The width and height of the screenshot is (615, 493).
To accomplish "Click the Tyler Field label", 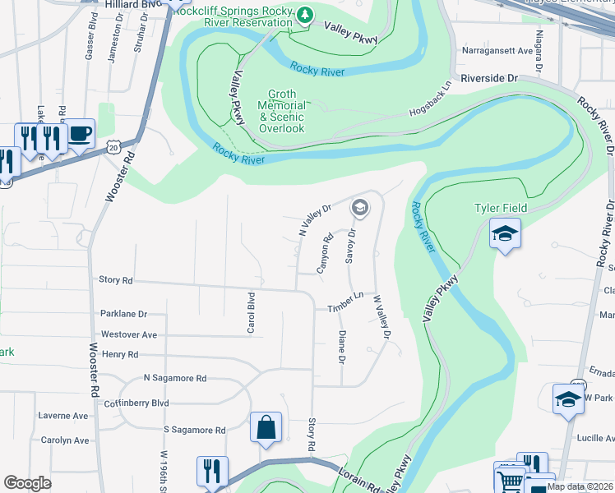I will tap(500, 208).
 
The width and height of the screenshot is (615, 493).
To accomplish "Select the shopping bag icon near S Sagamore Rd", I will tap(266, 427).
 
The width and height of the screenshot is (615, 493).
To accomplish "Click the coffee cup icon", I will tap(80, 133).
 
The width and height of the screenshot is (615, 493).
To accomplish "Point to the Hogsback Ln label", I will tap(429, 101).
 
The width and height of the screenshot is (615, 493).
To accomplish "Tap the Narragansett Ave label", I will tap(495, 50).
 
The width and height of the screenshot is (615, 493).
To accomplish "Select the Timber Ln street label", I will tap(345, 302).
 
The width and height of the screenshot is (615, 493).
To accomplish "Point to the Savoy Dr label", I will tap(351, 246).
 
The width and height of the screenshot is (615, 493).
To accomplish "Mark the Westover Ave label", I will tap(128, 334).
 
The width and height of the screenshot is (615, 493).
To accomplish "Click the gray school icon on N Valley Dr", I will tap(358, 208).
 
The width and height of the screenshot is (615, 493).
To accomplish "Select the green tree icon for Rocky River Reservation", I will tap(305, 14).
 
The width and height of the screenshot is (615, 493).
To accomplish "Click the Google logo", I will tap(28, 482).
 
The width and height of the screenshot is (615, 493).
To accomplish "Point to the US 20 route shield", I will tap(113, 145).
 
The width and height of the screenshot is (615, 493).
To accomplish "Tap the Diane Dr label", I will tap(340, 347).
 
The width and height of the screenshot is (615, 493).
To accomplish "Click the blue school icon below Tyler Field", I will tap(504, 233).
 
